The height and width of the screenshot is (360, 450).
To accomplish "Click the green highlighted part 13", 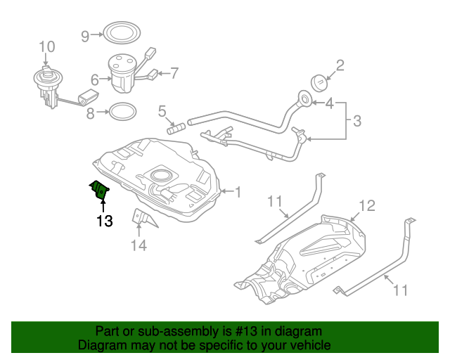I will (101, 190).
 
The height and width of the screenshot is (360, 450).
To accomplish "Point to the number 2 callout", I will (340, 66).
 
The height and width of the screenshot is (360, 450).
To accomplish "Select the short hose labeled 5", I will (175, 128).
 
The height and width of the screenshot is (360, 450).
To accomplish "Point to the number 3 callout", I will (356, 122).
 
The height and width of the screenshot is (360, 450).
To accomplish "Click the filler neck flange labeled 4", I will (306, 101).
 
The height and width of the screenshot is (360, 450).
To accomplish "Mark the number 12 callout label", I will (368, 206).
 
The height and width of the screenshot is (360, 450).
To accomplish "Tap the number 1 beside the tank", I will (237, 191).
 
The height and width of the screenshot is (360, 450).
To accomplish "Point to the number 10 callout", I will (46, 47).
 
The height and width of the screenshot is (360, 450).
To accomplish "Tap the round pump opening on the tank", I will (161, 176).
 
